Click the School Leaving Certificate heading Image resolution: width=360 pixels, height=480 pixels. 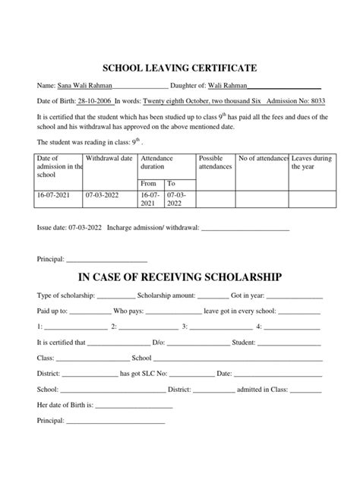[x=179, y=68]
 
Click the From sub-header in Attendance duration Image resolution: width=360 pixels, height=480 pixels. [x=149, y=183]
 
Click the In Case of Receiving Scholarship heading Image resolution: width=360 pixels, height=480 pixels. [x=179, y=276]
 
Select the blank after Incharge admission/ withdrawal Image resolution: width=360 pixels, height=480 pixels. [x=243, y=227]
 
